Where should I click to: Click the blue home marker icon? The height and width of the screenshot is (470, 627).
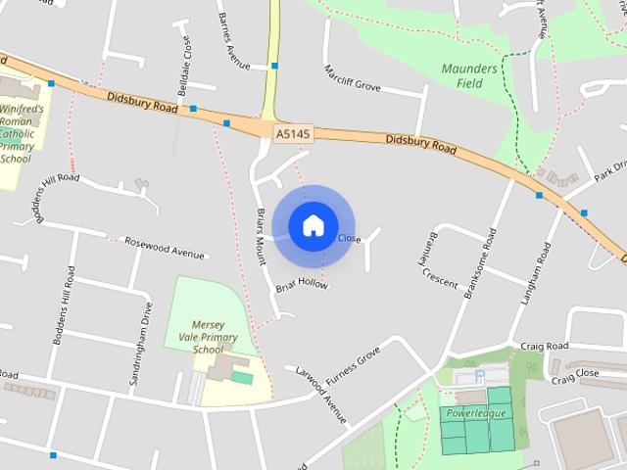pos(313,226)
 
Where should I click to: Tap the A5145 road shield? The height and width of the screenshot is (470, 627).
pos(289,131)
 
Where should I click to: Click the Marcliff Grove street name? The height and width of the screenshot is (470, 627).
pos(352,78)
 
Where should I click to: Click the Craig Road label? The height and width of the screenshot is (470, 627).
pos(545,347)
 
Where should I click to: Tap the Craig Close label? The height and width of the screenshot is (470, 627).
pos(574,373)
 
